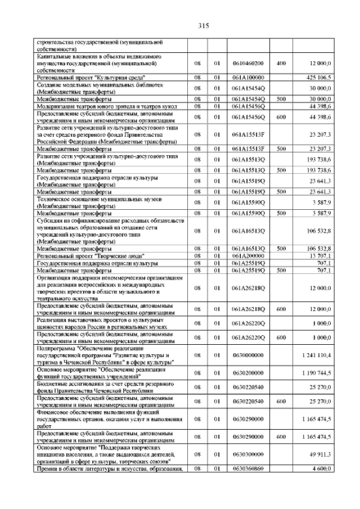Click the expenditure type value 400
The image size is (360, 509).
click(281, 64)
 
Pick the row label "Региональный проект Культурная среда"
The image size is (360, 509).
click(92, 78)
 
